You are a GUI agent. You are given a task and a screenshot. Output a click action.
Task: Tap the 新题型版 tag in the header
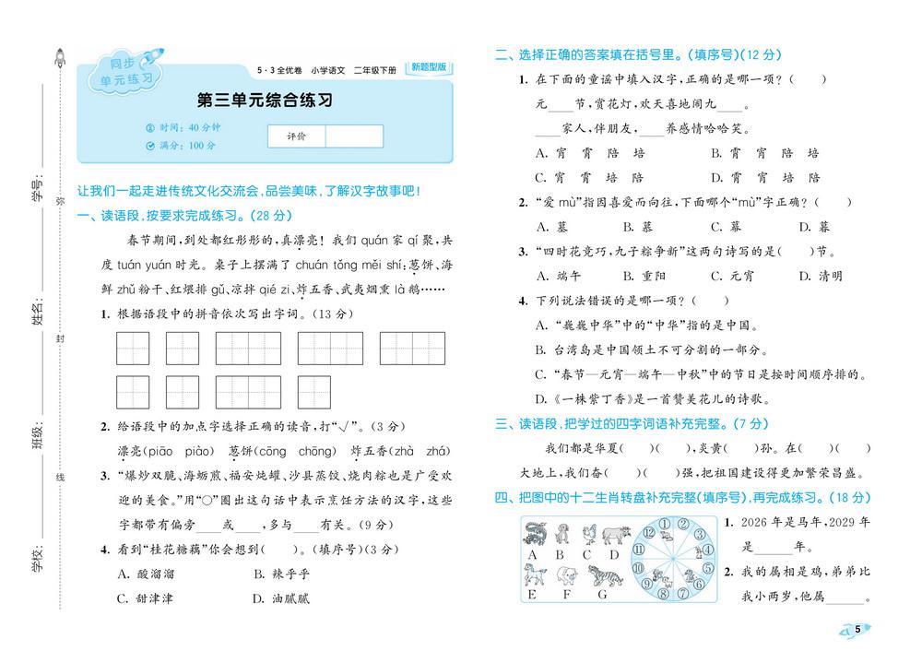click(x=429, y=67)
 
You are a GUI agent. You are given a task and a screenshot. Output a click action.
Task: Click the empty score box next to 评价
click(x=353, y=136)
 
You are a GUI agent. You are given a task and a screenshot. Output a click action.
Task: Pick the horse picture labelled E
click(x=532, y=576)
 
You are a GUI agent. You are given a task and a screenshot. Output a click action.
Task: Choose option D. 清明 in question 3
click(x=820, y=276)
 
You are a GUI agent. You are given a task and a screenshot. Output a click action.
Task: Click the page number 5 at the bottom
click(x=857, y=629)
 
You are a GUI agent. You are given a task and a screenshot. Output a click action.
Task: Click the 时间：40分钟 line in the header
click(x=189, y=127)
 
